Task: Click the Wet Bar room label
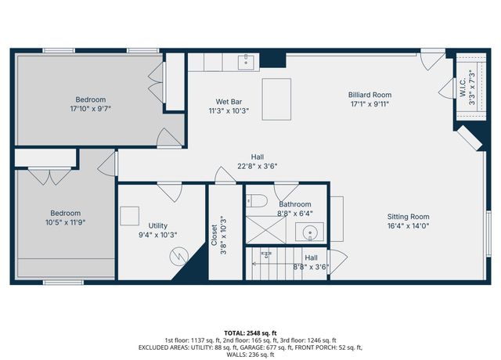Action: click(227, 101)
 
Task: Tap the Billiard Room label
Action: click(368, 95)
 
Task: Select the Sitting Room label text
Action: click(408, 217)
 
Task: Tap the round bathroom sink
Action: click(308, 232)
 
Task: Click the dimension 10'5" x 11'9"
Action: click(65, 222)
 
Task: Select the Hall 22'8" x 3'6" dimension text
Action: click(258, 165)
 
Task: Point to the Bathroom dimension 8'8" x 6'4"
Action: click(294, 213)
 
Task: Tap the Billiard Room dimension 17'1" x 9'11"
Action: click(368, 104)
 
